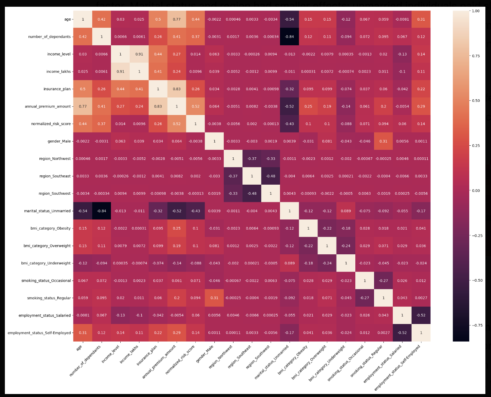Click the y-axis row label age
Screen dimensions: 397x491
pyautogui.click(x=68, y=19)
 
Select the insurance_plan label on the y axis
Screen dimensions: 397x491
pyautogui.click(x=57, y=89)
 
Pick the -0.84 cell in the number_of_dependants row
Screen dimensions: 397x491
pyautogui.click(x=289, y=37)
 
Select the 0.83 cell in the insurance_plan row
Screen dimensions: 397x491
pyautogui.click(x=177, y=89)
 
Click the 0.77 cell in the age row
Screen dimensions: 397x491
pyautogui.click(x=177, y=19)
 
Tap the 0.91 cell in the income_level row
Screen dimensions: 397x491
pyautogui.click(x=139, y=54)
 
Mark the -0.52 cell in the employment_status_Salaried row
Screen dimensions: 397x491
pyautogui.click(x=421, y=315)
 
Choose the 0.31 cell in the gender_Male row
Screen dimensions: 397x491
pyautogui.click(x=383, y=141)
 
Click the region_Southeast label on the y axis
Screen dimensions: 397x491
pyautogui.click(x=55, y=176)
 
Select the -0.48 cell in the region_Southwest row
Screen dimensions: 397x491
pyautogui.click(x=252, y=194)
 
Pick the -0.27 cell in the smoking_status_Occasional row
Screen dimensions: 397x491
pyautogui.click(x=383, y=281)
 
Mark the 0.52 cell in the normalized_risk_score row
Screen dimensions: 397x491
pyautogui.click(x=177, y=124)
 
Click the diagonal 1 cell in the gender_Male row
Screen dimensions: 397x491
pyautogui.click(x=214, y=141)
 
